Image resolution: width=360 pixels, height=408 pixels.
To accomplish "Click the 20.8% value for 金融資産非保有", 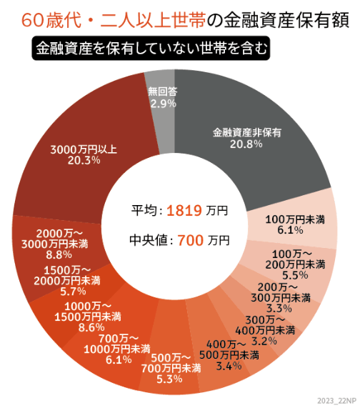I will click(246, 144).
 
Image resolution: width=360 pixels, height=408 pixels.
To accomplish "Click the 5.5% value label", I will click(294, 274).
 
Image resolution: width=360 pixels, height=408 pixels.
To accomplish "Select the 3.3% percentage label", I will click(284, 308).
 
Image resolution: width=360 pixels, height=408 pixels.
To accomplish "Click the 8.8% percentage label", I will click(59, 254).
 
